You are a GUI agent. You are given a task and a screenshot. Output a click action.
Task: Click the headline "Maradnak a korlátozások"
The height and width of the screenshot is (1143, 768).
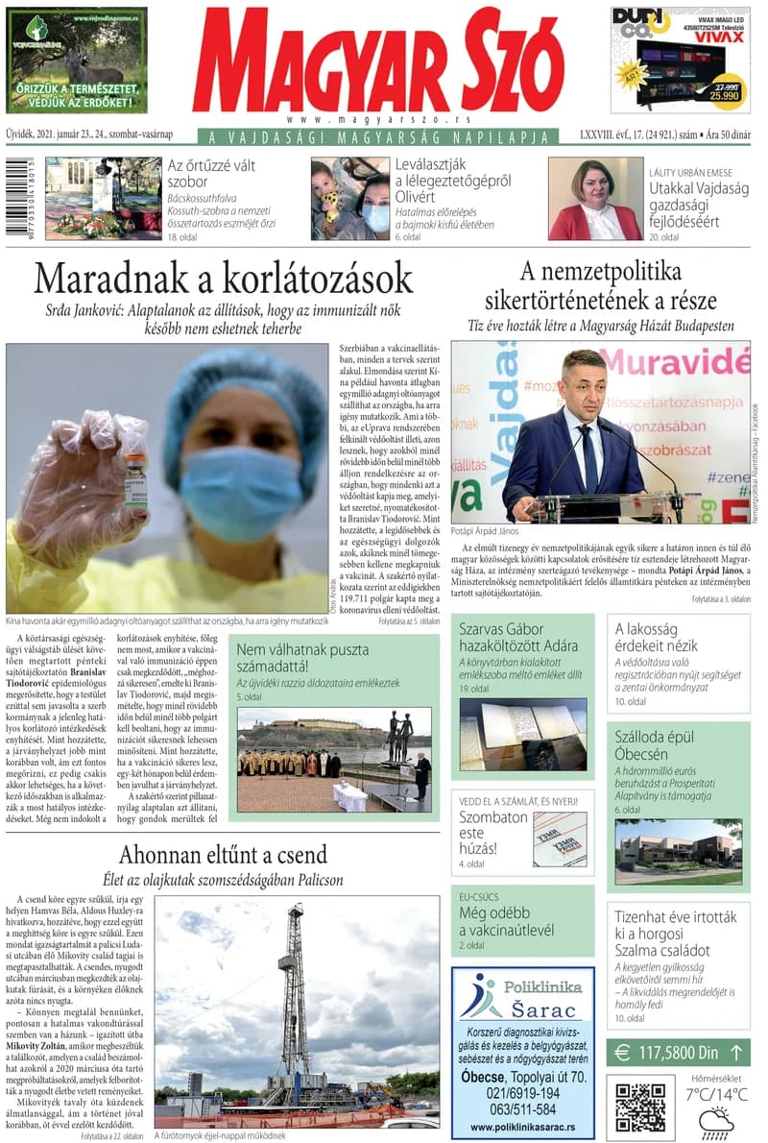coord(223,279)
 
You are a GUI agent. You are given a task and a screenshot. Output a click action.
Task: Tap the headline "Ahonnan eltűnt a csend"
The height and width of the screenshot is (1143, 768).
coord(223,854)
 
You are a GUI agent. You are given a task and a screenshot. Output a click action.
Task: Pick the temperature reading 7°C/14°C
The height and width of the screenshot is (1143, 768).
coord(716,1094)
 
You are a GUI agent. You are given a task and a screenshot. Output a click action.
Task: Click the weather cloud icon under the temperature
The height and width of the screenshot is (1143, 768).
coord(716,1122)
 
